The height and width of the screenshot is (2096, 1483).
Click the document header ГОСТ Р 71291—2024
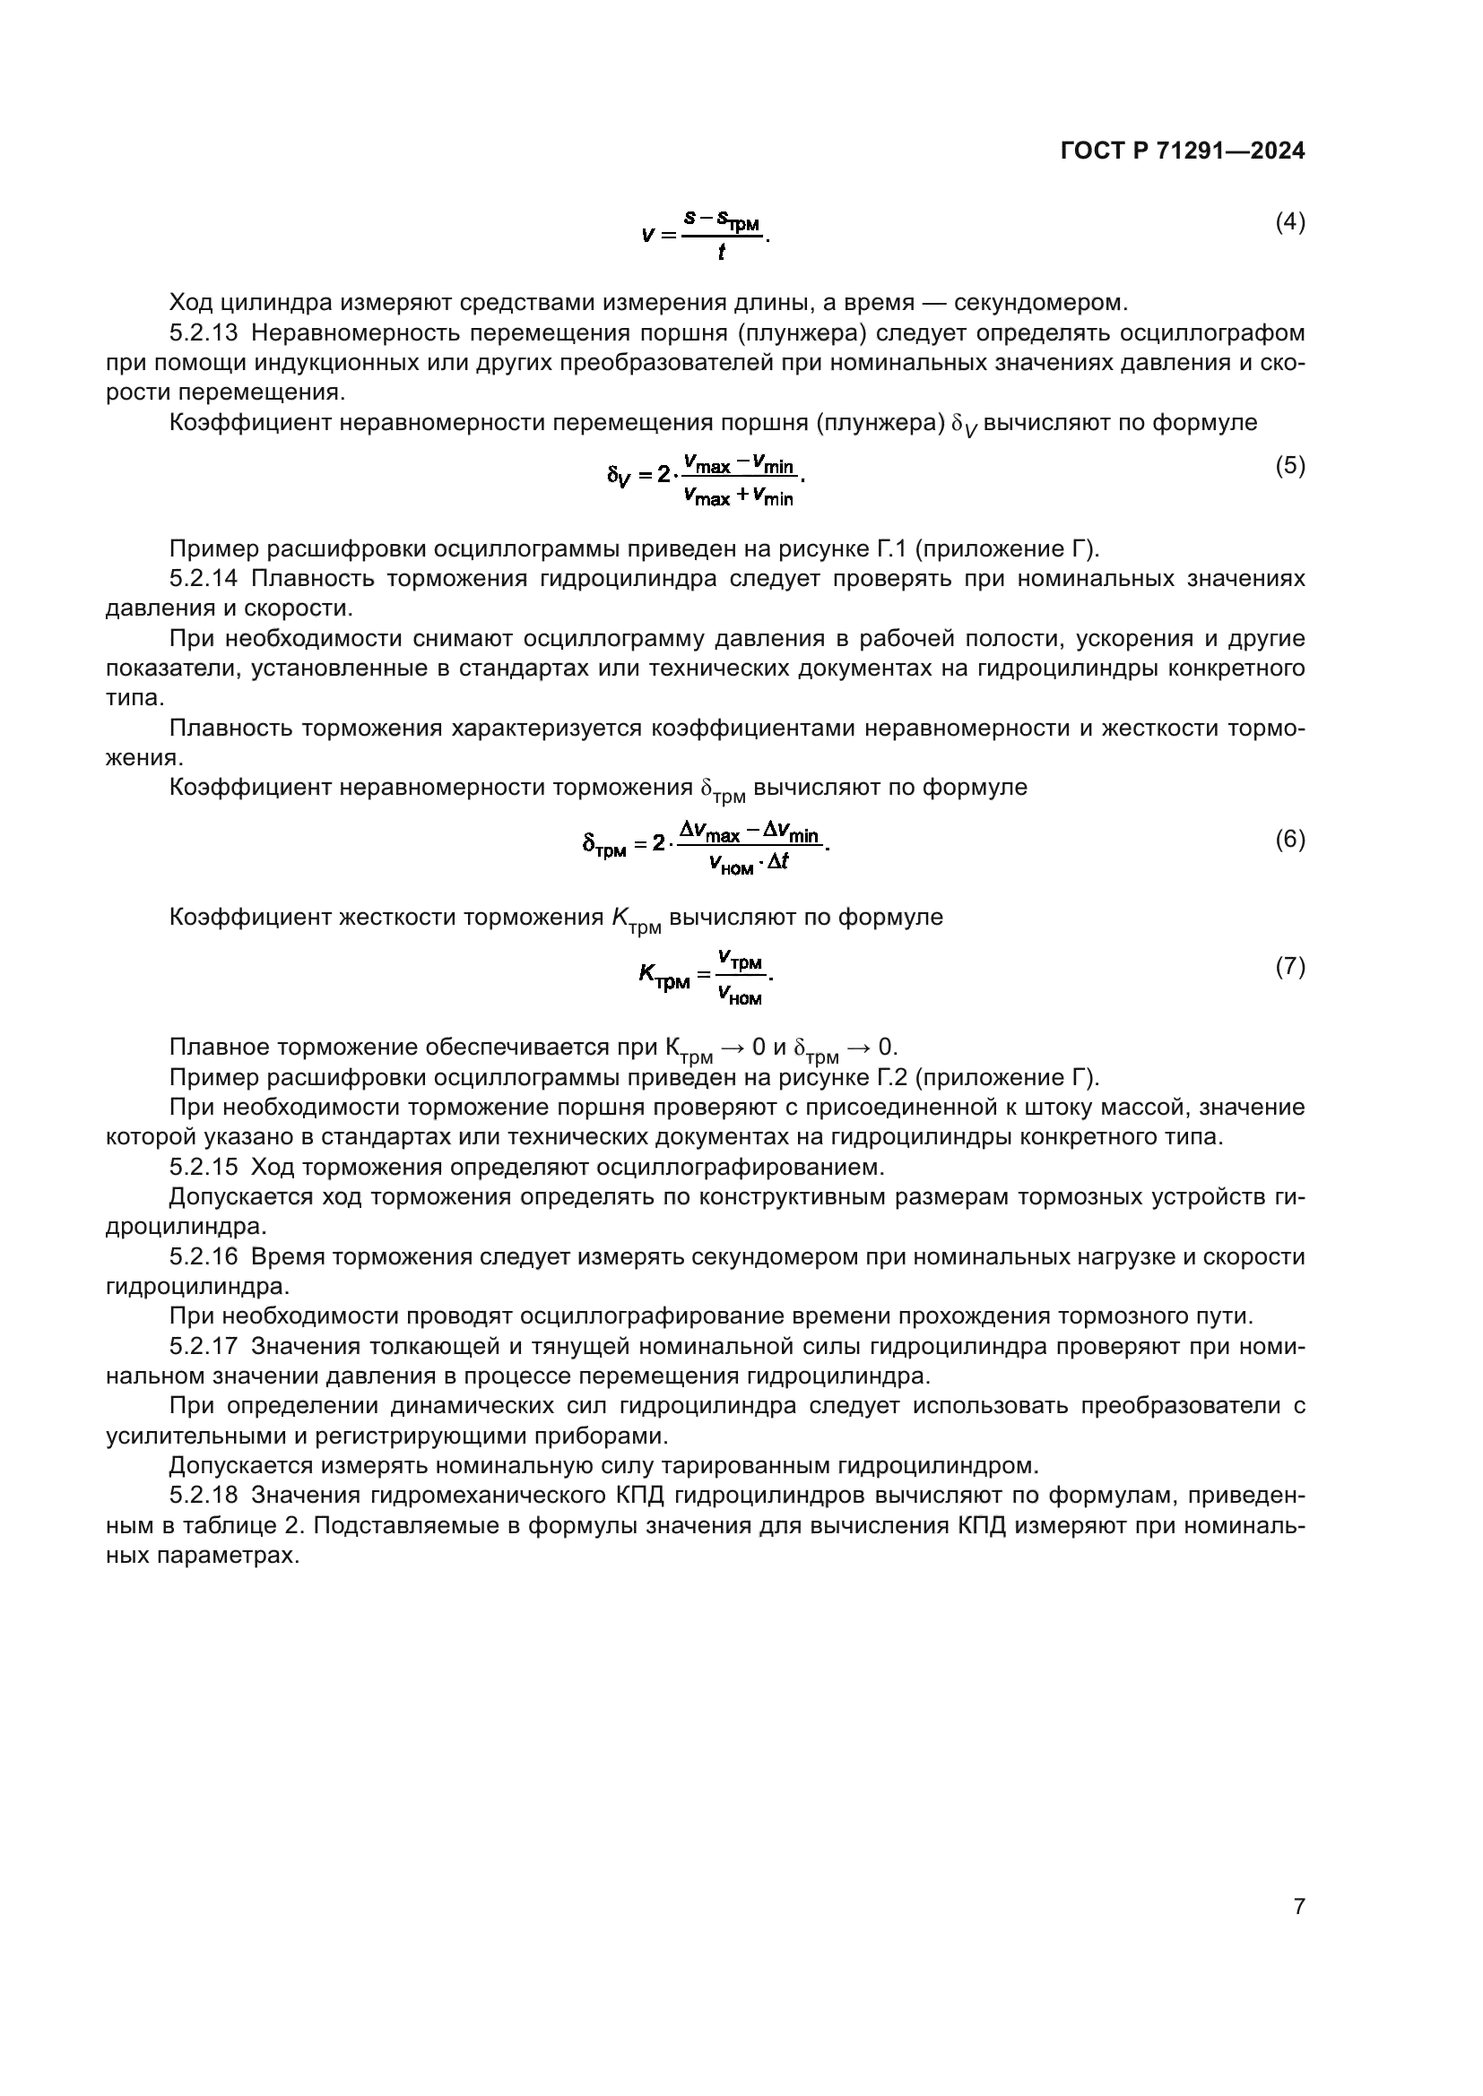pyautogui.click(x=1183, y=151)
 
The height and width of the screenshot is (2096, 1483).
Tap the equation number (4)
pyautogui.click(x=1289, y=222)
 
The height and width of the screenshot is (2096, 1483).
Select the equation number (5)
pyautogui.click(x=1289, y=467)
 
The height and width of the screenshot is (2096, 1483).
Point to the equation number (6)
pyautogui.click(x=1289, y=839)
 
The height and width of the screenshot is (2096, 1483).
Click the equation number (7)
pyautogui.click(x=1289, y=967)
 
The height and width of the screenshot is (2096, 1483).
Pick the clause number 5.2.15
pyautogui.click(x=203, y=1168)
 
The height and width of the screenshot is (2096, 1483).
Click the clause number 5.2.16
pyautogui.click(x=203, y=1257)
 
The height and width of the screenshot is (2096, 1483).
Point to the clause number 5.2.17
pyautogui.click(x=203, y=1347)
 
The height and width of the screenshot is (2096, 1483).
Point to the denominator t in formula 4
pyautogui.click(x=722, y=253)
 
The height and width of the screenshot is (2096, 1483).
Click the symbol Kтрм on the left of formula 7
pyautogui.click(x=663, y=978)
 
